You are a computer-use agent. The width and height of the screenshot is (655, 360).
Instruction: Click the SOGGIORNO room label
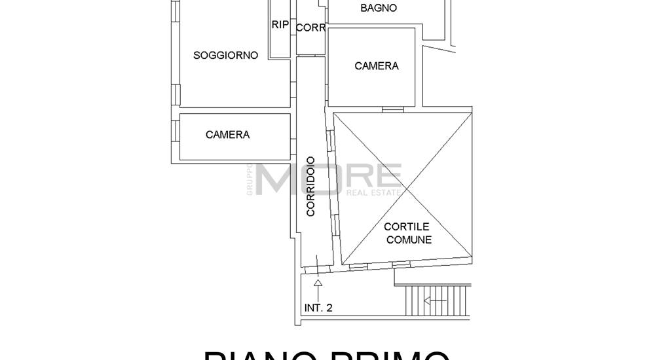(225, 56)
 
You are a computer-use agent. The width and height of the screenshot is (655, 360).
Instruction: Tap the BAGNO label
(378, 9)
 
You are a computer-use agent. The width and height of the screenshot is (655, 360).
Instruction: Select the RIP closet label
(280, 25)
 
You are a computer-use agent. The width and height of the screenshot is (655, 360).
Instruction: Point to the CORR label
(310, 28)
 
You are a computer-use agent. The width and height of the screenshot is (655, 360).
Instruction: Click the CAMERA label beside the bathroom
(376, 66)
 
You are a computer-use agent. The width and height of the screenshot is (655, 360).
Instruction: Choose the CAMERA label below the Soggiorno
(227, 135)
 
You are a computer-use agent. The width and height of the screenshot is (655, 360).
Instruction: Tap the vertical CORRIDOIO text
(310, 186)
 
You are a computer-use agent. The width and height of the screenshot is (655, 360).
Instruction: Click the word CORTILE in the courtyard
(407, 227)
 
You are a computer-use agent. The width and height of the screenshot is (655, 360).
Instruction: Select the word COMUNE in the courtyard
(409, 240)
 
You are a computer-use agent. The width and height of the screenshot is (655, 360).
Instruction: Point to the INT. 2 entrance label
(318, 308)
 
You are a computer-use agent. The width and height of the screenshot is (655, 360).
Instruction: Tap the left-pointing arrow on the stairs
(435, 301)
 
